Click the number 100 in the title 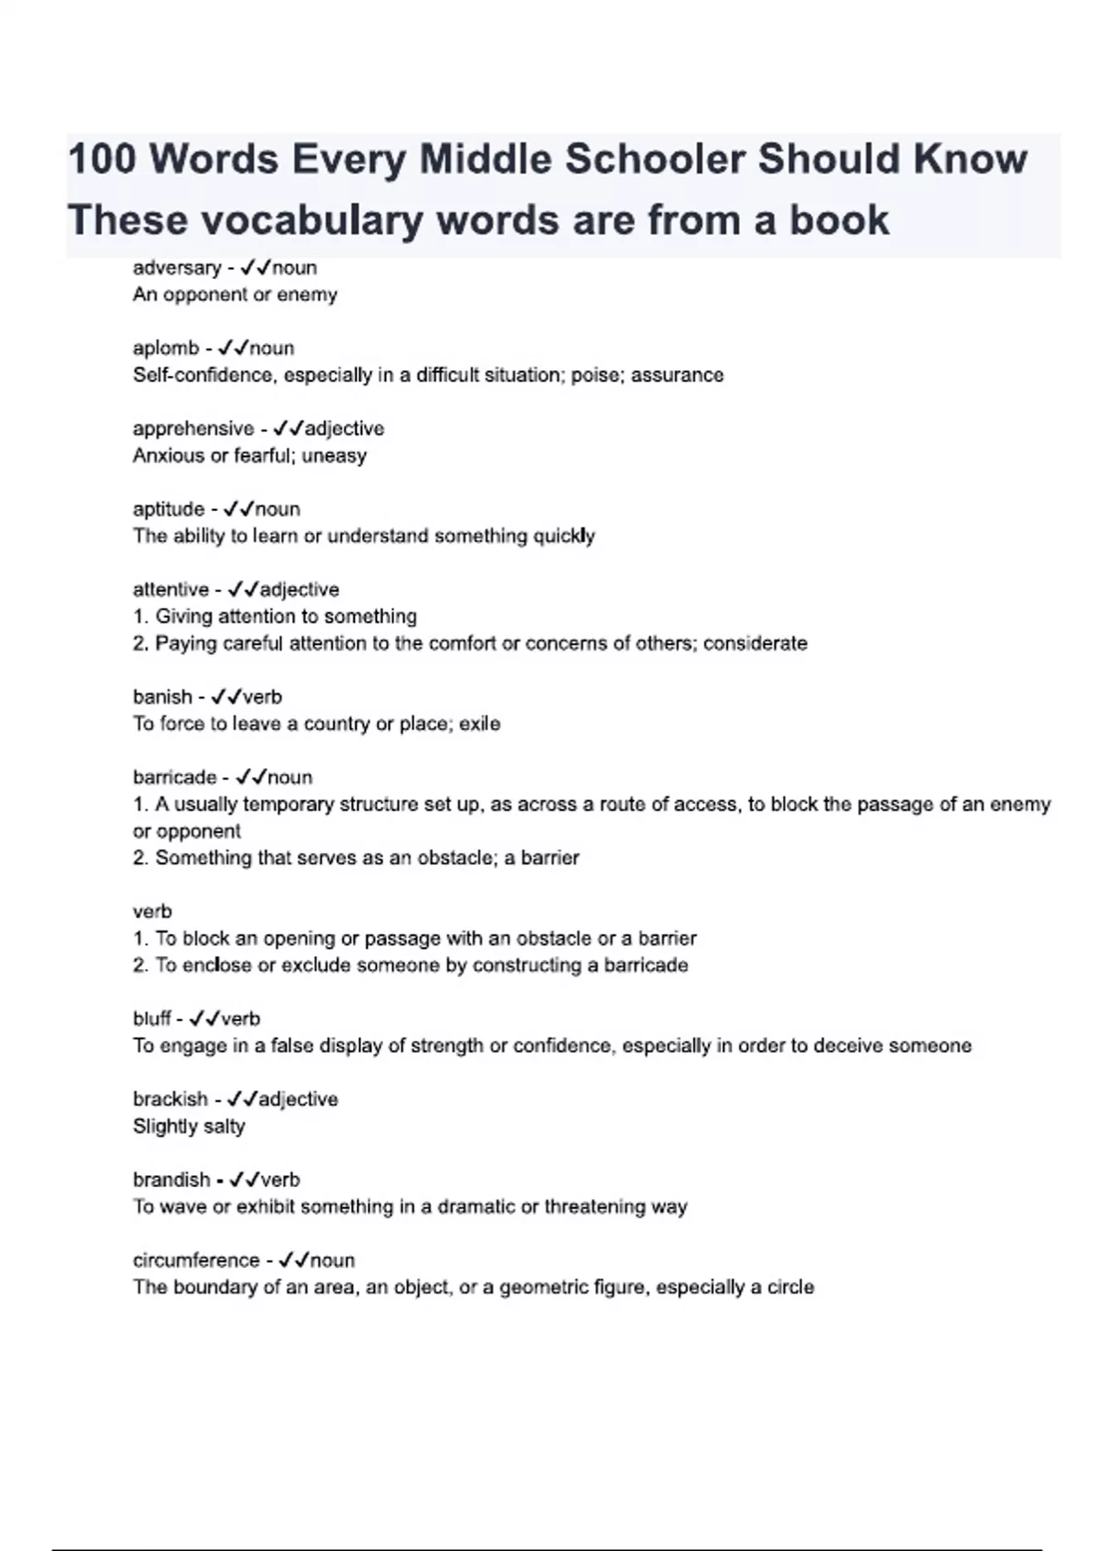point(102,160)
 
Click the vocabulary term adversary point(177,268)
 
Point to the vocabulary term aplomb point(165,349)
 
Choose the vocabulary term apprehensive point(193,429)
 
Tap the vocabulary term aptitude point(168,509)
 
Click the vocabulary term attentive point(171,590)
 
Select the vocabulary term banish point(162,697)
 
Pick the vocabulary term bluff point(151,1019)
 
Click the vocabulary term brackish point(171,1099)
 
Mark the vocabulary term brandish point(172,1180)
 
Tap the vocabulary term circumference point(196,1261)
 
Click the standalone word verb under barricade point(151,911)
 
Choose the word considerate point(755,644)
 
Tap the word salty point(224,1127)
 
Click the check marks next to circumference point(294,1261)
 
